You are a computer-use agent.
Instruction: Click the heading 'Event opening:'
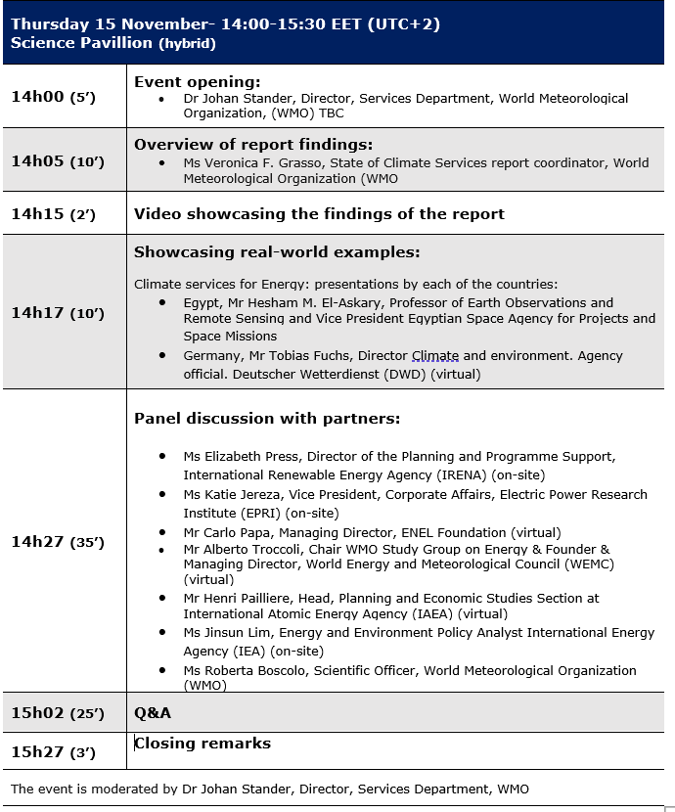198,82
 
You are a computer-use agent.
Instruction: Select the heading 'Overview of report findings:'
253,144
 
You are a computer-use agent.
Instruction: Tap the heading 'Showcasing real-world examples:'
277,251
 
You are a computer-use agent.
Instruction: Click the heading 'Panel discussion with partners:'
267,419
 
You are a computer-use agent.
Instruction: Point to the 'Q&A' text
153,712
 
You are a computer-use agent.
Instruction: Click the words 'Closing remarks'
202,744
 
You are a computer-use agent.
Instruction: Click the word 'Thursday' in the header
50,24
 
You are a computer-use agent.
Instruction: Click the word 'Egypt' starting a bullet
201,303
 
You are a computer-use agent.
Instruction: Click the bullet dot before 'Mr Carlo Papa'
162,533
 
